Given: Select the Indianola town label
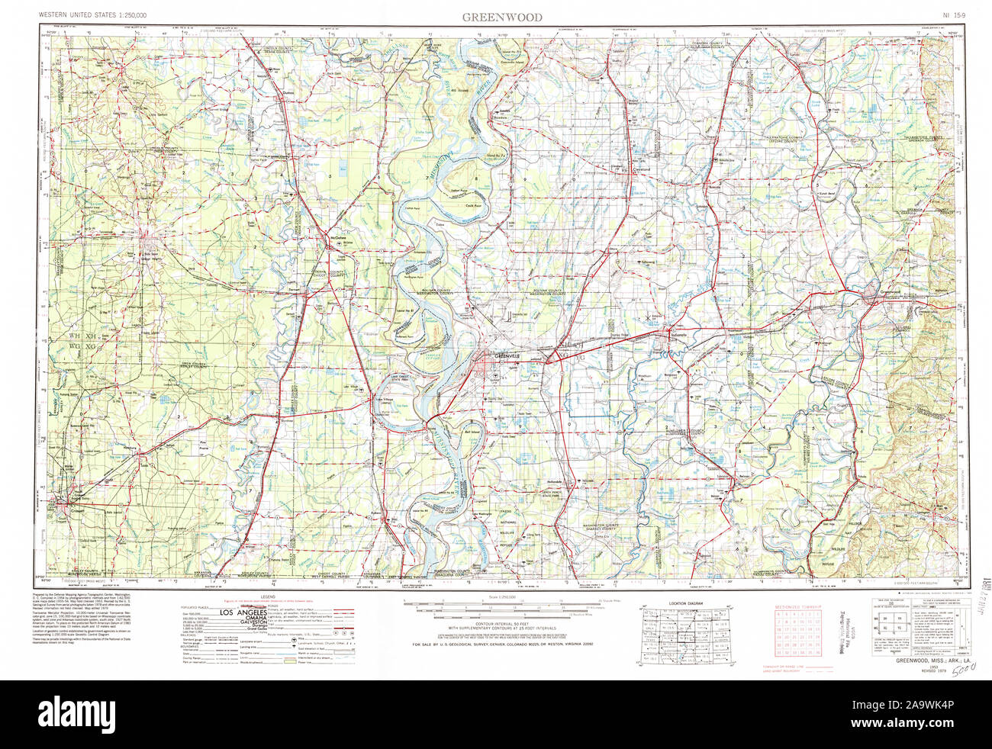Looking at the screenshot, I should tap(678, 335).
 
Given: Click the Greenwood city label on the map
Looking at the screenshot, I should tap(890, 292).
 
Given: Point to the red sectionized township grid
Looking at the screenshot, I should tap(799, 633).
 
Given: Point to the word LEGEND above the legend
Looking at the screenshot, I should tap(266, 596).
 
